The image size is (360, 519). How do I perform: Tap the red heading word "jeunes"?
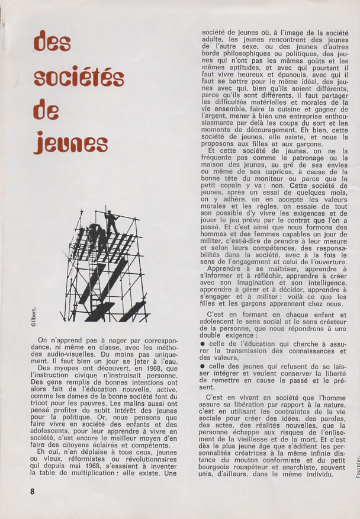coord(70,143)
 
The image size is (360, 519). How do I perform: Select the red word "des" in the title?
coord(53,42)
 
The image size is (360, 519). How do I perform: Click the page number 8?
coord(33,491)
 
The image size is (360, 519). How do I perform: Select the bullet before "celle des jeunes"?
coord(202,366)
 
